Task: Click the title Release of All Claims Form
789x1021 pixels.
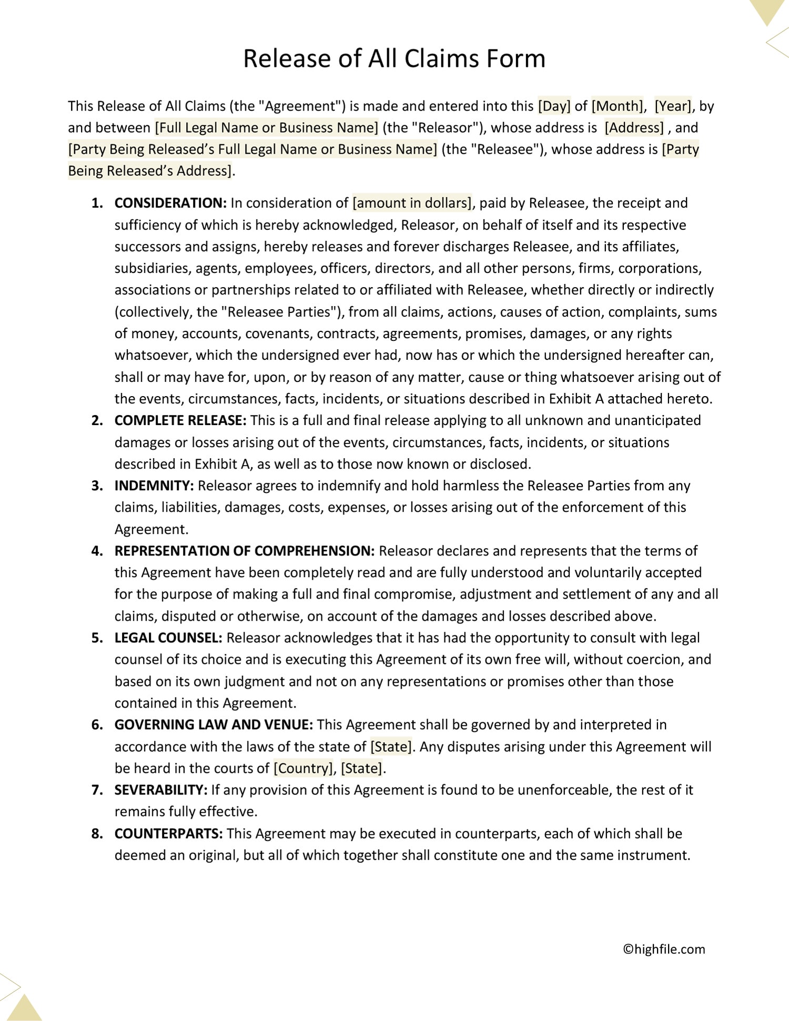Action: (394, 58)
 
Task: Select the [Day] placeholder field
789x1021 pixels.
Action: (554, 106)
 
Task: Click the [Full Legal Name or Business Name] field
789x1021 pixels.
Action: (266, 128)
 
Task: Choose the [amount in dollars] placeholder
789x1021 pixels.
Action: (412, 203)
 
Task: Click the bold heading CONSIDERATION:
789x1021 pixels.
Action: (170, 203)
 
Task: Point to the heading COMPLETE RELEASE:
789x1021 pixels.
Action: (180, 420)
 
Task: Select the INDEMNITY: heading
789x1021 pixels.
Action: (155, 486)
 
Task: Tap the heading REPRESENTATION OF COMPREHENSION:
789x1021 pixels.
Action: (245, 551)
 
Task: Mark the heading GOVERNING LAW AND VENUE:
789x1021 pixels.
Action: (214, 725)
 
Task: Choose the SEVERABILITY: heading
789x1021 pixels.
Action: (161, 790)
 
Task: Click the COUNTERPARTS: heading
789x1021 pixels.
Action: (169, 834)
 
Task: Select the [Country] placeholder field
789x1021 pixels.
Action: (304, 769)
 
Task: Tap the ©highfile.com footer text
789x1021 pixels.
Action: (664, 949)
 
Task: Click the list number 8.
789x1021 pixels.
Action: (97, 834)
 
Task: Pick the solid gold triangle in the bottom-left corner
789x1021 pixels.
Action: (24, 1007)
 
